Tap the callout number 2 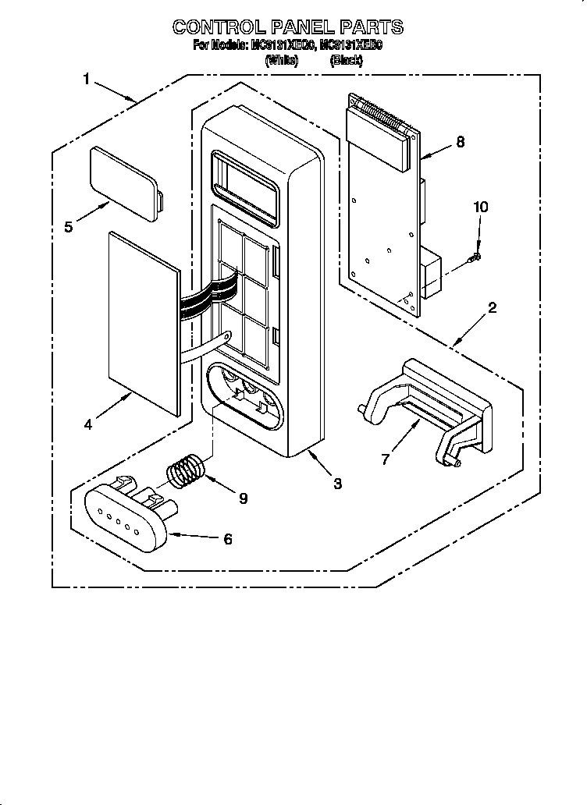(x=491, y=307)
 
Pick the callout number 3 (x=337, y=484)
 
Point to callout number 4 (x=88, y=425)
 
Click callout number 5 (x=69, y=227)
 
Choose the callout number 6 (x=227, y=538)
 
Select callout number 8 (x=460, y=141)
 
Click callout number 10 (x=481, y=207)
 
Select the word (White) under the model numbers (x=282, y=59)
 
